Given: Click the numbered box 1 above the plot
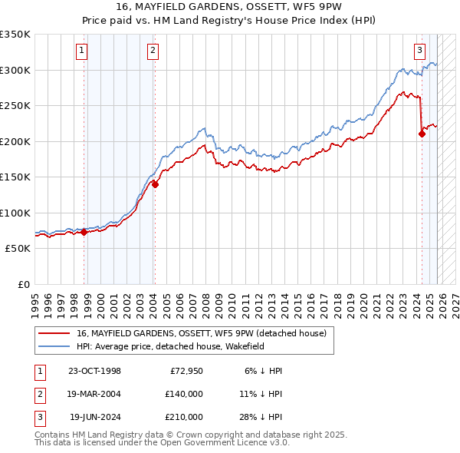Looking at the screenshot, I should click(81, 51).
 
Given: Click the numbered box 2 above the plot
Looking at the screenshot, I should click(153, 51).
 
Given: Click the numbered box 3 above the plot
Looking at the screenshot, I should click(419, 51).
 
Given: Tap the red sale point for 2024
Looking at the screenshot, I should click(422, 134).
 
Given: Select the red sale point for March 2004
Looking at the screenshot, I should click(155, 184).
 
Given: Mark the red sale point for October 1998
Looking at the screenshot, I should click(84, 232).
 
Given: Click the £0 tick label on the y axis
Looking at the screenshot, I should click(23, 285).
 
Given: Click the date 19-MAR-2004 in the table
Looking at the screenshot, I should click(95, 394).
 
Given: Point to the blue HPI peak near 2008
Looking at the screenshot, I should click(203, 128).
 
